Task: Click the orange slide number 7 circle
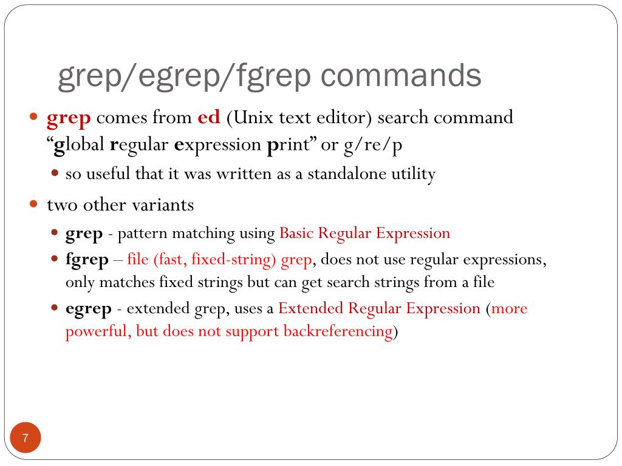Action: pyautogui.click(x=25, y=437)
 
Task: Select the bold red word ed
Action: pyautogui.click(x=209, y=117)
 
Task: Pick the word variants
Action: pyautogui.click(x=165, y=205)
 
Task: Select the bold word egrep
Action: pyautogui.click(x=89, y=309)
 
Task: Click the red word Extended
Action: pyautogui.click(x=311, y=308)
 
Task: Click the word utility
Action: pyautogui.click(x=415, y=175)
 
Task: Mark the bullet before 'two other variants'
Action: pyautogui.click(x=34, y=204)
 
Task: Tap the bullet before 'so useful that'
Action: pyautogui.click(x=55, y=174)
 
